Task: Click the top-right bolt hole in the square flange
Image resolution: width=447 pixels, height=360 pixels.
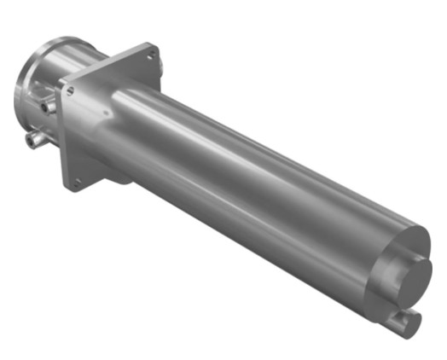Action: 151,56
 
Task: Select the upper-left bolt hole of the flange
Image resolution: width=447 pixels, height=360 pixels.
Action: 68,85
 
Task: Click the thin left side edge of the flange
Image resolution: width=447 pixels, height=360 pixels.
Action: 61,136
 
